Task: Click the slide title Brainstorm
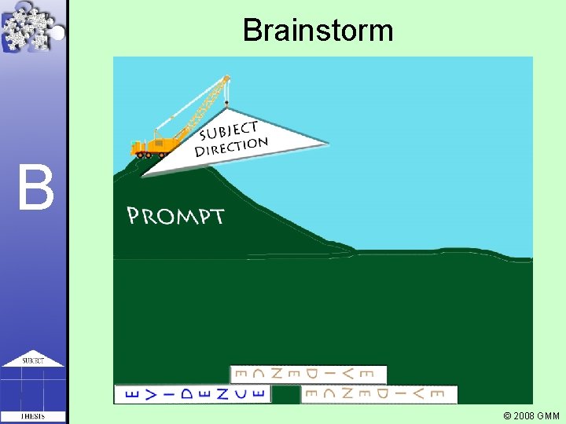[x=318, y=31]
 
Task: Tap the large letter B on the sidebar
[x=35, y=189]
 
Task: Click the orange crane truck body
[x=156, y=144]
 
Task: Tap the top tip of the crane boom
[x=226, y=78]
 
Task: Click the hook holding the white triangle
[x=226, y=101]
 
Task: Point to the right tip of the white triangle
[x=326, y=144]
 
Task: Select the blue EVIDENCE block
[x=193, y=393]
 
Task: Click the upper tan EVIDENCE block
[x=308, y=375]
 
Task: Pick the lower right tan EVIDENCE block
[x=378, y=393]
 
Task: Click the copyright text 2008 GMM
[x=535, y=415]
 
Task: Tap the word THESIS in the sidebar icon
[x=32, y=415]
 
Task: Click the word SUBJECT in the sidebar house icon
[x=32, y=361]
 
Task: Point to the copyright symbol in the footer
[x=507, y=415]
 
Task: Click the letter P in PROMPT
[x=134, y=216]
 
